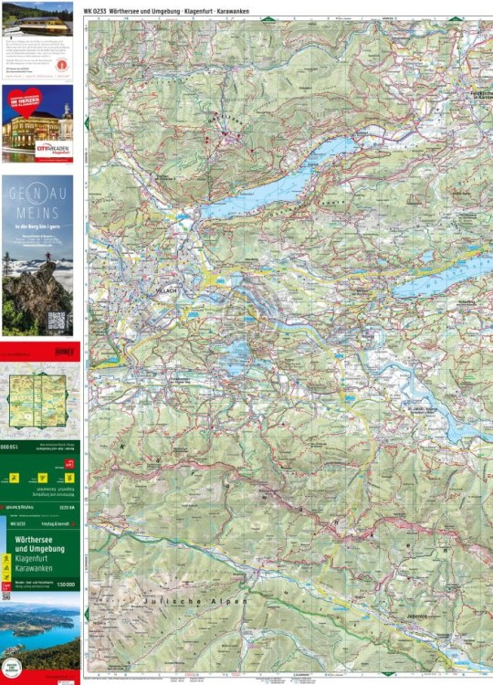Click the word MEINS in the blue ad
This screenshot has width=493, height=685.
pos(37,211)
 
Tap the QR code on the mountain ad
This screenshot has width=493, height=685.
pos(57,321)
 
